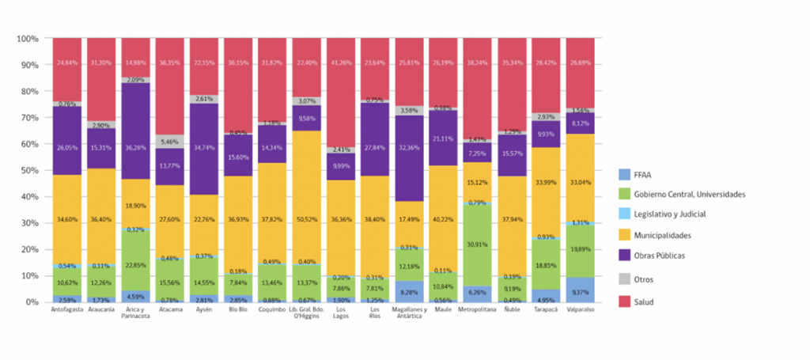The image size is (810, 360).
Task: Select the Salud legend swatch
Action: tap(625, 301)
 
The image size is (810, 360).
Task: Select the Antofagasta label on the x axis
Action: tap(66, 309)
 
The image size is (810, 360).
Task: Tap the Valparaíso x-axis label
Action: tap(580, 309)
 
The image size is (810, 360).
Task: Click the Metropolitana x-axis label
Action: tap(477, 309)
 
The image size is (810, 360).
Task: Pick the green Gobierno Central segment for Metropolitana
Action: tap(477, 245)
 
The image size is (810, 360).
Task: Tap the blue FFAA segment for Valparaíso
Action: tap(580, 290)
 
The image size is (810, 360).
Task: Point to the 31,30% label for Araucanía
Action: tap(100, 63)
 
